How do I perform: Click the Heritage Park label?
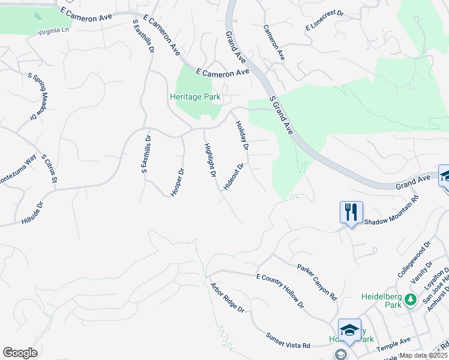coord(195,97)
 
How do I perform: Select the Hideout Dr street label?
coord(234,177)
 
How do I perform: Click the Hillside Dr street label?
coord(33,213)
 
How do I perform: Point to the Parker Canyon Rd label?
coord(317,280)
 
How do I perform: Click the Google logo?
coord(20,352)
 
